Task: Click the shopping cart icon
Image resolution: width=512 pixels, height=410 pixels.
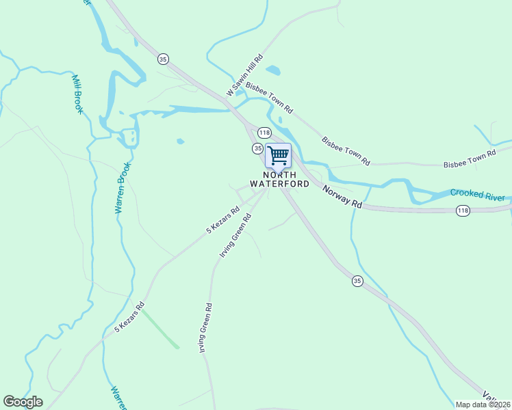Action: [278, 155]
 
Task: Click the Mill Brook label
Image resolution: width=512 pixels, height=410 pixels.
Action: [77, 94]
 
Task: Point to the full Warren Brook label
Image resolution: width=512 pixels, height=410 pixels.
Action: [122, 193]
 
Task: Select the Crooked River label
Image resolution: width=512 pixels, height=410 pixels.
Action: [477, 195]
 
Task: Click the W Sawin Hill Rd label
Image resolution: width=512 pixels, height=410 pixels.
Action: [244, 75]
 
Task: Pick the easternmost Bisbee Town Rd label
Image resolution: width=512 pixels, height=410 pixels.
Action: [469, 160]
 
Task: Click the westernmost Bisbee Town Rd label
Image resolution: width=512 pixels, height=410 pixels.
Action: [269, 98]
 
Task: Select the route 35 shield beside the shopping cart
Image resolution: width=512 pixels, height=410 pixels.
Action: [257, 148]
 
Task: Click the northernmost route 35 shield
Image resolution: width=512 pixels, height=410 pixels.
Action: [162, 58]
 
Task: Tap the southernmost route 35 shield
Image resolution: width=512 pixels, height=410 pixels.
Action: [357, 281]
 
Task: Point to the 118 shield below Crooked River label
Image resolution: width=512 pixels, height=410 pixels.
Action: [463, 211]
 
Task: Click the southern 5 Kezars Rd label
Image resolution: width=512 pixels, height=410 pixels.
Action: [130, 317]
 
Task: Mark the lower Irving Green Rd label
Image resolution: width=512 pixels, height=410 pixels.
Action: [203, 327]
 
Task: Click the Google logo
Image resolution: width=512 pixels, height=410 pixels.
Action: [23, 402]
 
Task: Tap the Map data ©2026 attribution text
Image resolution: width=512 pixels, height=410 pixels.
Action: [482, 405]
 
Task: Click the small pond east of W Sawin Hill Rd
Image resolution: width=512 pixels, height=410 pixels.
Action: [272, 70]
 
